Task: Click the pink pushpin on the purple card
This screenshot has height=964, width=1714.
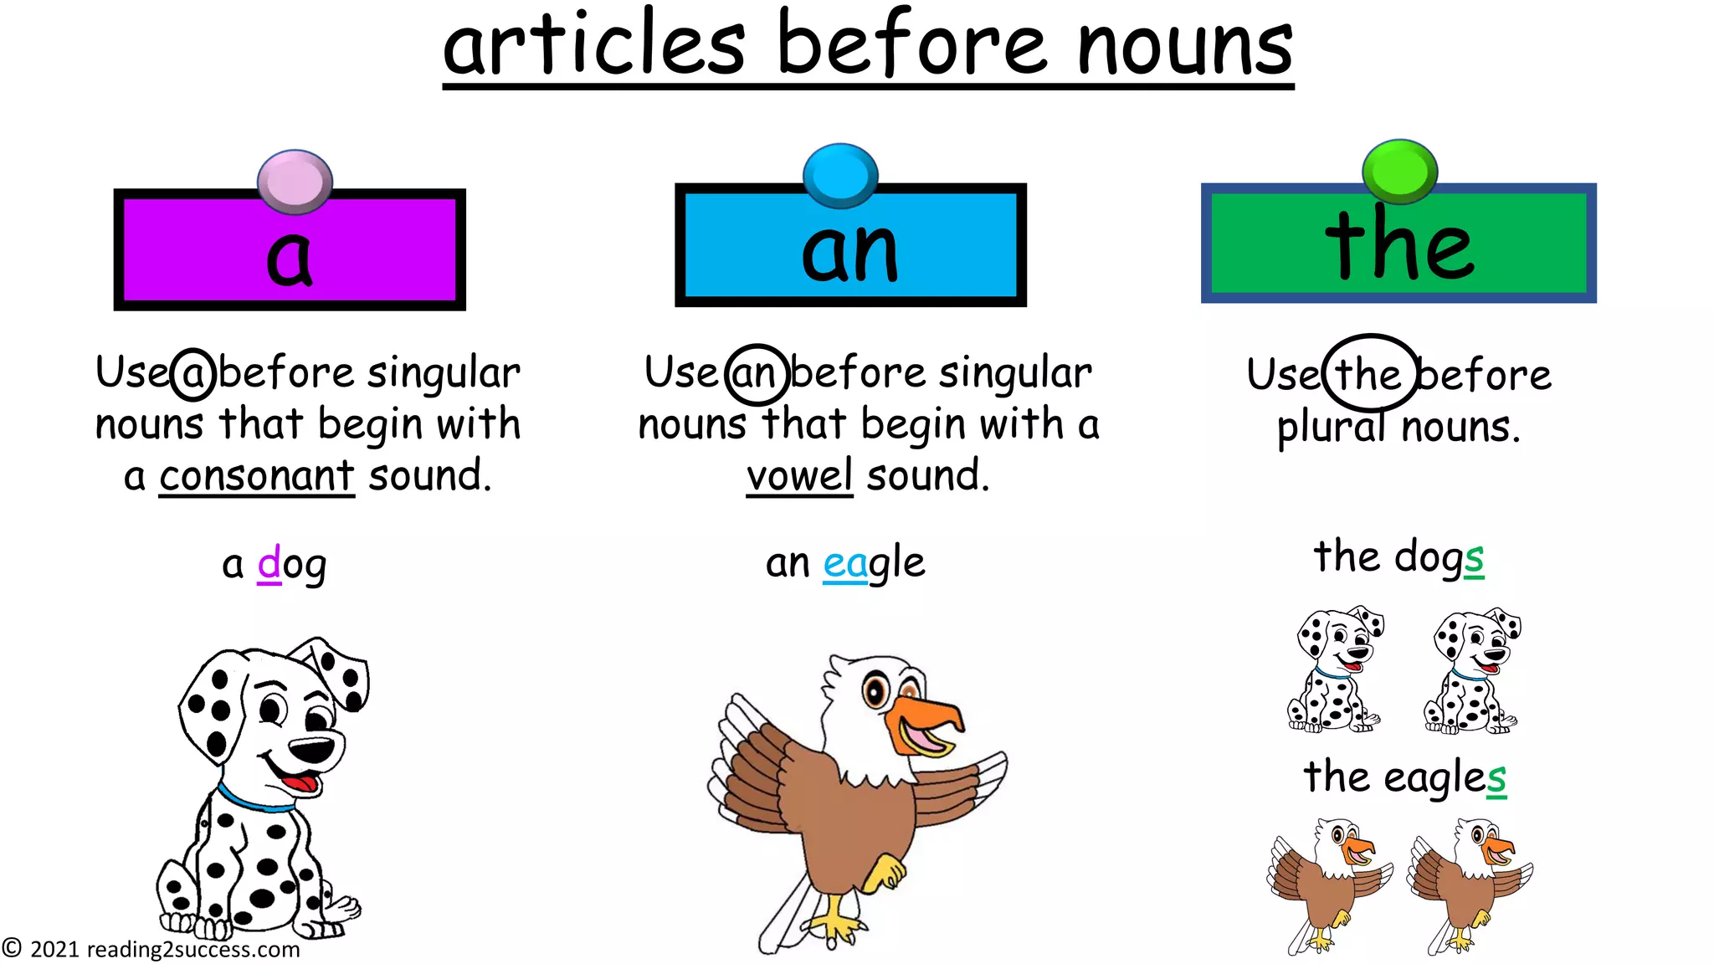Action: point(295,181)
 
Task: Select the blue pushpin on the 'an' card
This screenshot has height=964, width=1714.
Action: point(840,175)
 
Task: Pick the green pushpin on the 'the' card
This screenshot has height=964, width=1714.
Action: point(1399,171)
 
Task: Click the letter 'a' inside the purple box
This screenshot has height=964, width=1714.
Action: point(289,257)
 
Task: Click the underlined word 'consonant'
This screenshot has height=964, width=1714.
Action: point(257,476)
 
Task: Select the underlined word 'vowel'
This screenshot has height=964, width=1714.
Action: point(799,476)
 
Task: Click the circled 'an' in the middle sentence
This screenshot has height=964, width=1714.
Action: point(756,374)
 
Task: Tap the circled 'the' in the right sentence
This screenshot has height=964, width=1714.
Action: point(1369,375)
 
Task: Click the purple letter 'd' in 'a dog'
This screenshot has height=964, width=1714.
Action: point(269,563)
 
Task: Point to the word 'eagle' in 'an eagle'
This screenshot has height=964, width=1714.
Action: point(874,563)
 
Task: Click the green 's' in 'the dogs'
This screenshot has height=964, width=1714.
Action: point(1474,558)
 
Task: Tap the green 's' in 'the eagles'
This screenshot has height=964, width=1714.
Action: point(1496,778)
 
